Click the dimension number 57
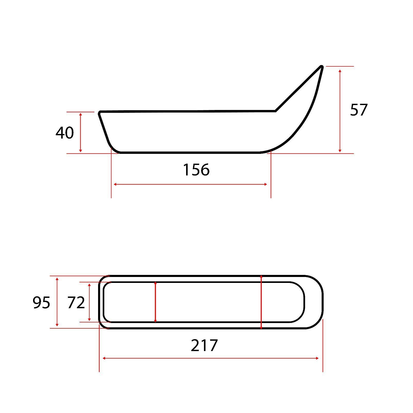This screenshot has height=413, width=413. pos(359,110)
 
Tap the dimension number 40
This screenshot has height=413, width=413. pos(65,133)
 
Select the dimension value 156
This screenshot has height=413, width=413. pos(196,170)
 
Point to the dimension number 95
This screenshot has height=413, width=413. pos(41,303)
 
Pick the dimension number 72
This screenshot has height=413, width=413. pos(76,303)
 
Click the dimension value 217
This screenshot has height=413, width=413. pos(204,345)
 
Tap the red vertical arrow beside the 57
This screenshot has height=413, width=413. pos(340,110)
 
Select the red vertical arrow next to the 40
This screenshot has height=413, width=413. pos(81,132)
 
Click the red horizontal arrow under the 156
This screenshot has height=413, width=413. pos(190,184)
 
